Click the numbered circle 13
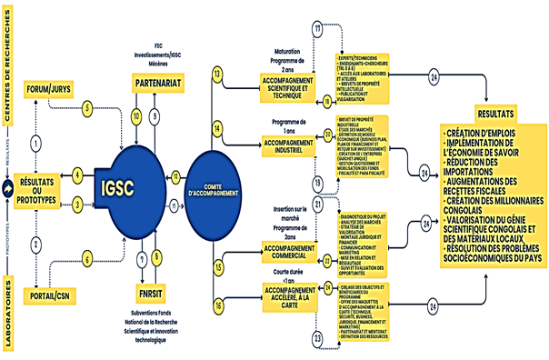click(217, 73)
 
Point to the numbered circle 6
click(88, 259)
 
